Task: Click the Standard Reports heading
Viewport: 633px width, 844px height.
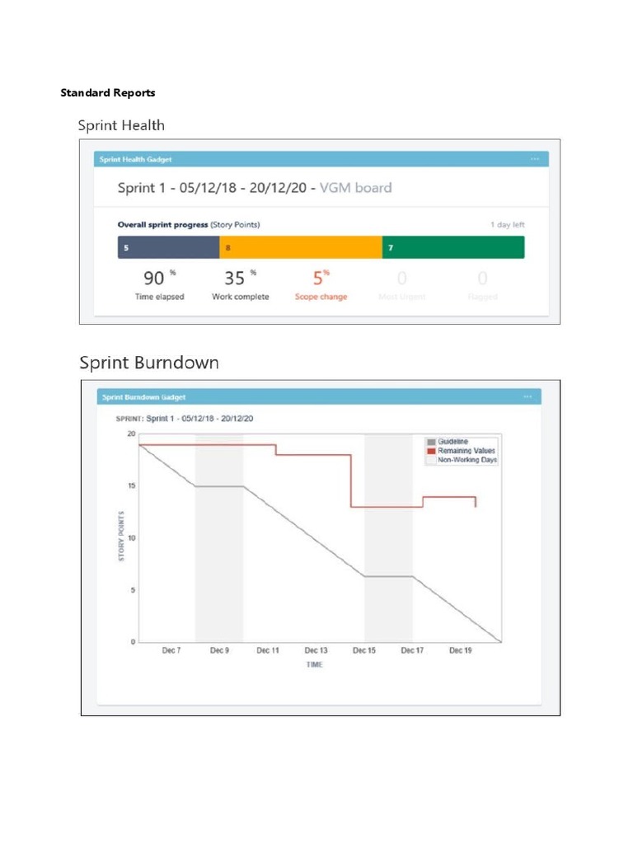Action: (107, 92)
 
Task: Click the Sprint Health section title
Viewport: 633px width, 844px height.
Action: (121, 125)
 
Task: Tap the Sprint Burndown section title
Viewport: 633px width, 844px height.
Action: (149, 363)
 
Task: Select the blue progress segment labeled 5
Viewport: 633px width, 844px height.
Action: (168, 247)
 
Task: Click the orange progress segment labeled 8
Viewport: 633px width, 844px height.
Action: (300, 247)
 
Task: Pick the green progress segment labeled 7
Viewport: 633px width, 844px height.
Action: (452, 247)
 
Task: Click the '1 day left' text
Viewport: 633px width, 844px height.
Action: (507, 225)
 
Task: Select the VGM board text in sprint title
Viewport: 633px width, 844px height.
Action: (355, 188)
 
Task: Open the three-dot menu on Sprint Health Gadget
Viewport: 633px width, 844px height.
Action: (535, 159)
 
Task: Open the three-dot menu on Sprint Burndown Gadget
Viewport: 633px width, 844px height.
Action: (527, 396)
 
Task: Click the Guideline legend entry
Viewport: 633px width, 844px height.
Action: (452, 442)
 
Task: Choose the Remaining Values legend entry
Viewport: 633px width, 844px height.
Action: (466, 451)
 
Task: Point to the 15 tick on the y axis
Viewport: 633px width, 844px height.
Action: (130, 485)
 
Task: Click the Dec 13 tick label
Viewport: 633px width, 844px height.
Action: (316, 650)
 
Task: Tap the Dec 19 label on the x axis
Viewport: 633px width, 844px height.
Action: (460, 650)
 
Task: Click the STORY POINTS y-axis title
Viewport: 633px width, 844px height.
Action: (120, 537)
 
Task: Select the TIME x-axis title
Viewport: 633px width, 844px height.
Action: (315, 664)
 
